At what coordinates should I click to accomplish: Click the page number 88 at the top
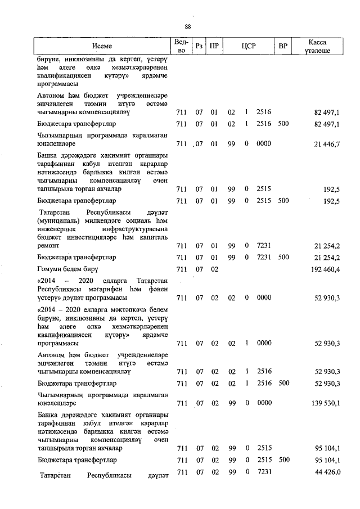(x=188, y=26)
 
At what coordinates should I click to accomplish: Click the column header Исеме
(x=102, y=46)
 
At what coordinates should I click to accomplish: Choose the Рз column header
(x=199, y=46)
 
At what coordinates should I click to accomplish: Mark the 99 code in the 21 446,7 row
(x=231, y=145)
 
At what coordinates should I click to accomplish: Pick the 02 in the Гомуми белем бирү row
(x=214, y=269)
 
